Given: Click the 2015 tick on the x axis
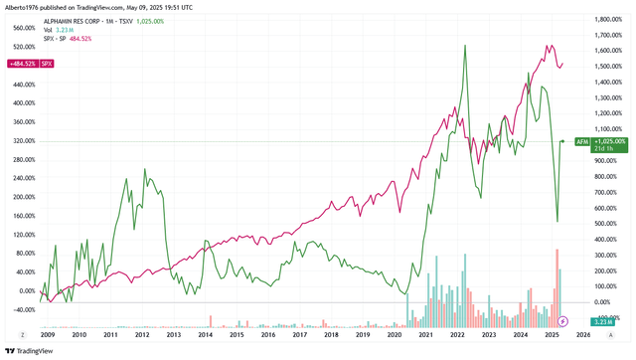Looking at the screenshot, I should tap(237, 335).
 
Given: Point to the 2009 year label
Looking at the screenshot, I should tap(48, 335).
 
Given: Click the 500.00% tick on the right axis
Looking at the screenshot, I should tap(608, 224).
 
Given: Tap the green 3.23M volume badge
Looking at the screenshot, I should tap(605, 321).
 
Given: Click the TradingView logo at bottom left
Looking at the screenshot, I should tap(30, 350).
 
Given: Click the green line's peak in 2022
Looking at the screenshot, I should tap(464, 46).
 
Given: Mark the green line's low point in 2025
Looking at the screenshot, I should tap(557, 221).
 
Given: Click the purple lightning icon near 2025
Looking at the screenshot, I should tap(563, 321).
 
